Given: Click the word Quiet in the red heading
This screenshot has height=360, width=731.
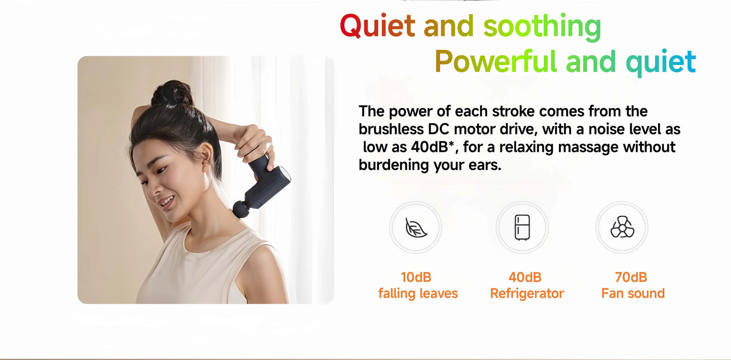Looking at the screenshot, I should click(x=377, y=26).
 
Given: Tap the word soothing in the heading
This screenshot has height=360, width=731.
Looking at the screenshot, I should click(x=542, y=26).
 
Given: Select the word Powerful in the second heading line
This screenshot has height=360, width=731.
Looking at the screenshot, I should click(x=495, y=62).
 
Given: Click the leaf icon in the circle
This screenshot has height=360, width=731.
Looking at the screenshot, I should click(x=416, y=228).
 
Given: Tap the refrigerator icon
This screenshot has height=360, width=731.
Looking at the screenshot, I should click(x=522, y=228).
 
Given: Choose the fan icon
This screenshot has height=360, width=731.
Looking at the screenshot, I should click(x=622, y=228).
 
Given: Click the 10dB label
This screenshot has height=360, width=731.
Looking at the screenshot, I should click(x=416, y=277).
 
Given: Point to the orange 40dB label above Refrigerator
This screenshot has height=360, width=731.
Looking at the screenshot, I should click(x=525, y=277).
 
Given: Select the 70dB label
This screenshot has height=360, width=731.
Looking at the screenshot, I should click(x=631, y=277).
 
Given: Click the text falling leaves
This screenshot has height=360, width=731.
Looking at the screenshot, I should click(x=418, y=293).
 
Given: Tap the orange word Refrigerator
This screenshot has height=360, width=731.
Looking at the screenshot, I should click(x=527, y=293).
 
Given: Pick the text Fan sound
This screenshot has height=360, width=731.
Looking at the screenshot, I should click(x=633, y=293).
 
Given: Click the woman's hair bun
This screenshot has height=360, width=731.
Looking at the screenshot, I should click(x=172, y=94).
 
